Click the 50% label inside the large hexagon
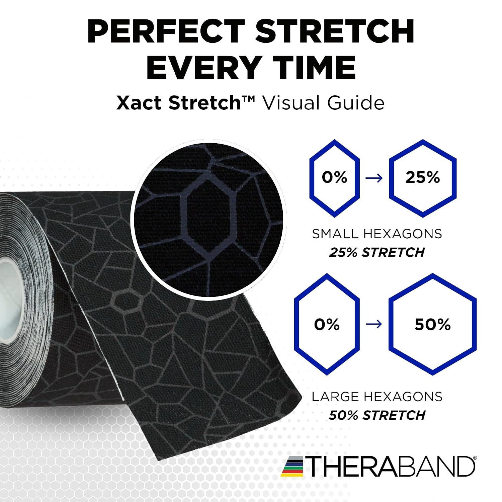pyautogui.click(x=433, y=325)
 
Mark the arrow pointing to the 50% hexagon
pyautogui.click(x=374, y=324)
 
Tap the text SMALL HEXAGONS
pyautogui.click(x=377, y=234)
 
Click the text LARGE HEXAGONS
pyautogui.click(x=377, y=397)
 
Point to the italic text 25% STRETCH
pyautogui.click(x=377, y=252)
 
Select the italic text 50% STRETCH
pyautogui.click(x=377, y=415)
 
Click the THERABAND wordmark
pyautogui.click(x=390, y=466)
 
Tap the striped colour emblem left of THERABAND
pyautogui.click(x=292, y=466)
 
